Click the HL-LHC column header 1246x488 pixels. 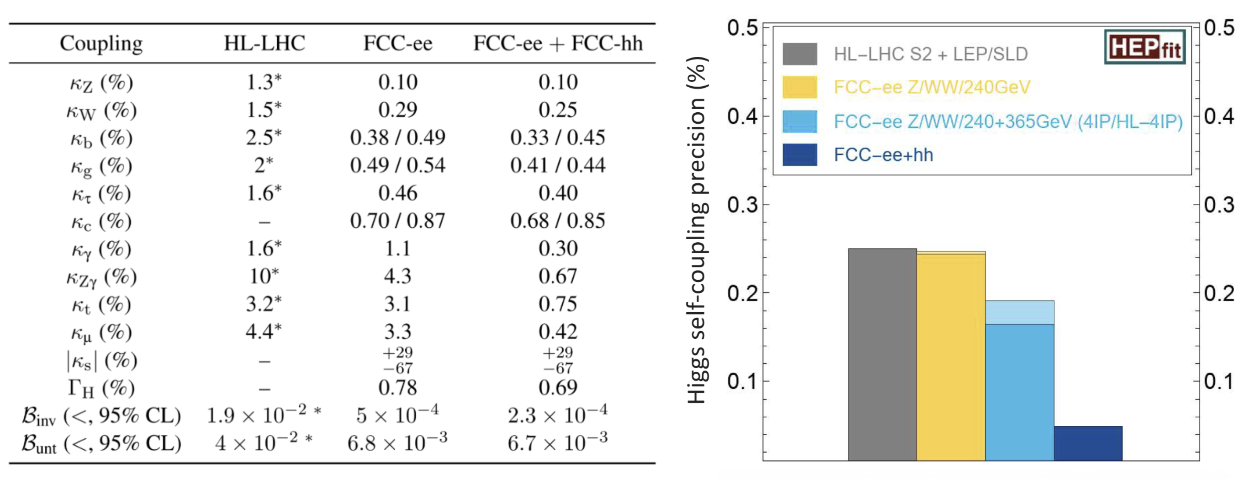tap(264, 44)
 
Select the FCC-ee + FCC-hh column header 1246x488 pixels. tap(558, 44)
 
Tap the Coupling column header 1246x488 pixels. tap(101, 44)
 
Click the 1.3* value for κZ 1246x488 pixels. tap(264, 82)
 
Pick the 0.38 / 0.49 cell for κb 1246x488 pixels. tap(398, 137)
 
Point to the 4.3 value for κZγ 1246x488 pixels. tap(398, 277)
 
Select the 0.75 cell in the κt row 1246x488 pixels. tap(558, 304)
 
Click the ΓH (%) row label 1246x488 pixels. tap(101, 388)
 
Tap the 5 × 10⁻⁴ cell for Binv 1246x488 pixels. tap(398, 415)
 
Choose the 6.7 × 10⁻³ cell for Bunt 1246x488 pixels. tap(558, 443)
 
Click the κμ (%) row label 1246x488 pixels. tap(101, 333)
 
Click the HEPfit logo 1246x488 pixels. tap(1145, 47)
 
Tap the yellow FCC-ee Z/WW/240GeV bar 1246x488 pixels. tap(951, 356)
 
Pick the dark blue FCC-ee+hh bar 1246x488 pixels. tap(1088, 444)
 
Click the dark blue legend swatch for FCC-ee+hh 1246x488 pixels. tap(799, 155)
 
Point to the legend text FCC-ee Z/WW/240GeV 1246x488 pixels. tap(931, 87)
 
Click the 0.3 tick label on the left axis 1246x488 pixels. tap(743, 205)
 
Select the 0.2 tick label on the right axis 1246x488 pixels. tap(1219, 293)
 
